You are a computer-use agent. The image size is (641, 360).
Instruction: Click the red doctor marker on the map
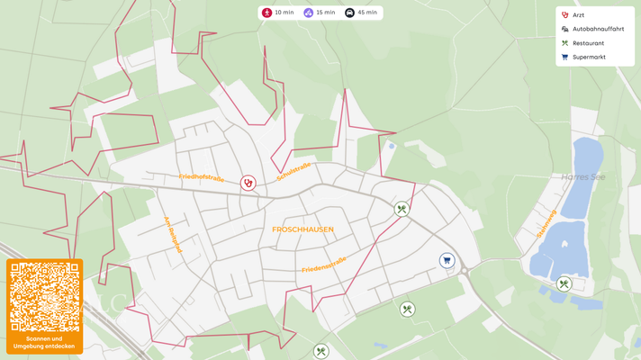[x=248, y=184]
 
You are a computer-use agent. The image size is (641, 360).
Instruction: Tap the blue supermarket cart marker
[x=447, y=261]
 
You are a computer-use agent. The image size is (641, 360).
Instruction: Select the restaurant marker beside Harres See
[x=564, y=284]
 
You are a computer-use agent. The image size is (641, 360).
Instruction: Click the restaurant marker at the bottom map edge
[x=321, y=352]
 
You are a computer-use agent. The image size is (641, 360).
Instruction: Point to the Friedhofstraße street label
[x=202, y=178]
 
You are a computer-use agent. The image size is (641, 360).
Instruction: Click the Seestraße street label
[x=294, y=171]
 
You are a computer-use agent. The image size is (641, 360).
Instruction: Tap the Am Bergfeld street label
[x=173, y=234]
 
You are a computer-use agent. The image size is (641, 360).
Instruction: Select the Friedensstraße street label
[x=324, y=265]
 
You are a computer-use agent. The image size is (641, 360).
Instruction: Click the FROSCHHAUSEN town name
[x=302, y=229]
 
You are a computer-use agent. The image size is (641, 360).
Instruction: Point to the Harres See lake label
[x=582, y=177]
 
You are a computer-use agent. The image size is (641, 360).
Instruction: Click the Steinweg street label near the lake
[x=546, y=225]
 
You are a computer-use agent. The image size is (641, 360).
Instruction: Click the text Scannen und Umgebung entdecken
[x=45, y=343]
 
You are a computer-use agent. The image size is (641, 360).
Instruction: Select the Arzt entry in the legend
[x=578, y=15]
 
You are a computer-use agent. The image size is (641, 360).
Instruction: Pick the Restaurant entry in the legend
[x=588, y=43]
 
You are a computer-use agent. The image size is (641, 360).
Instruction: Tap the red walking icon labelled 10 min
[x=267, y=13]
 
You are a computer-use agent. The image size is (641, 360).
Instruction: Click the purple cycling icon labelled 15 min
[x=308, y=13]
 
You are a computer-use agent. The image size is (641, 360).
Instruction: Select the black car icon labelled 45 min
[x=350, y=13]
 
